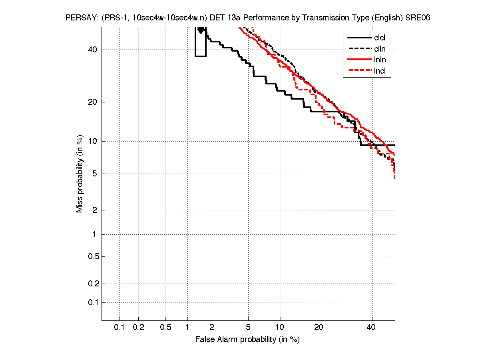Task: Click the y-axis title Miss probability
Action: click(x=80, y=174)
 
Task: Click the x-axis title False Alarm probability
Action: click(x=247, y=340)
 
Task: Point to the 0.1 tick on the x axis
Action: click(x=120, y=327)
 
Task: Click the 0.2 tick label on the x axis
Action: click(x=138, y=327)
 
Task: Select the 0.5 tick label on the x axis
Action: click(x=165, y=327)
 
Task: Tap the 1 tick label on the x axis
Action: click(x=187, y=327)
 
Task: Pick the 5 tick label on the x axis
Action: click(x=248, y=327)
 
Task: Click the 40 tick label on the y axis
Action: click(x=92, y=50)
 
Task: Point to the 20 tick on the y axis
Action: click(x=92, y=102)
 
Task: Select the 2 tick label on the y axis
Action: click(x=94, y=210)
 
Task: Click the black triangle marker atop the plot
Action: click(x=201, y=30)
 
